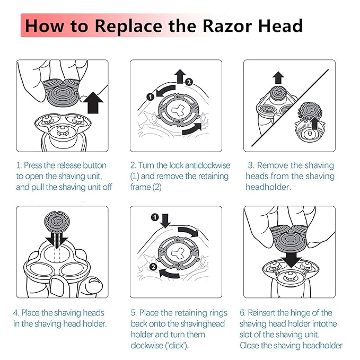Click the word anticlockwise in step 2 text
[201, 165]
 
